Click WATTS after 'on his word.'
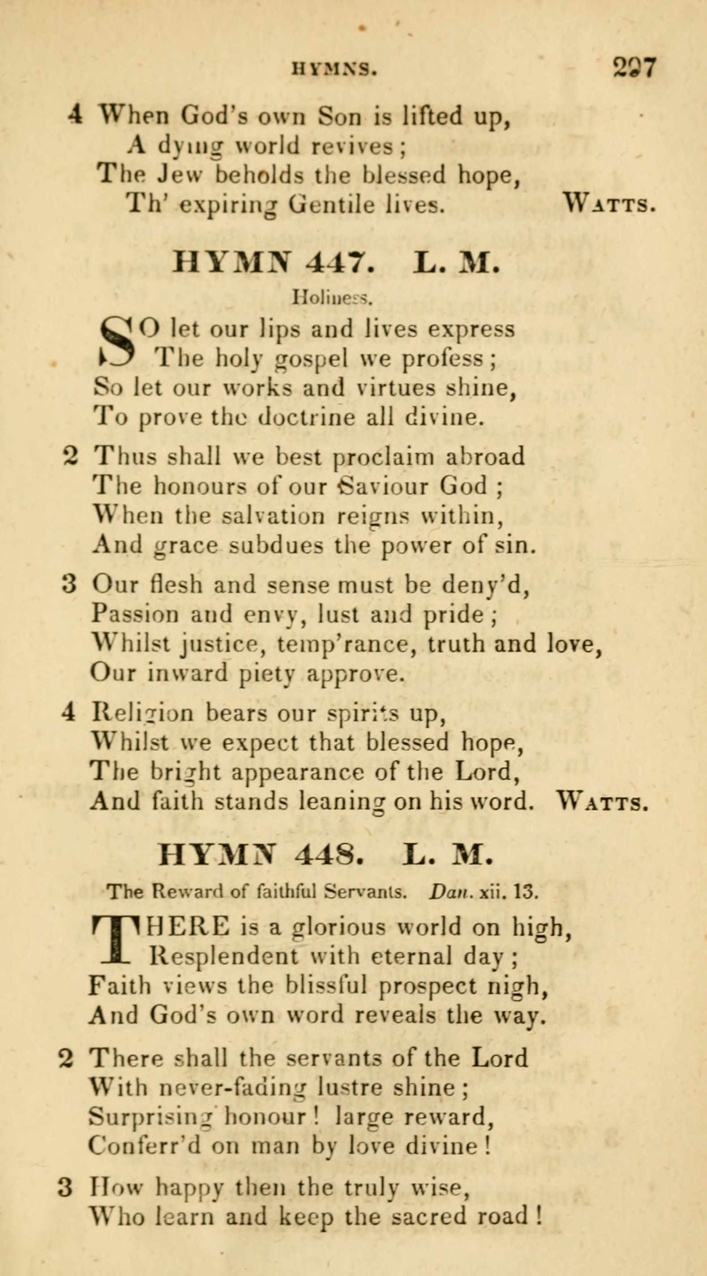tap(601, 802)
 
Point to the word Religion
tap(142, 713)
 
